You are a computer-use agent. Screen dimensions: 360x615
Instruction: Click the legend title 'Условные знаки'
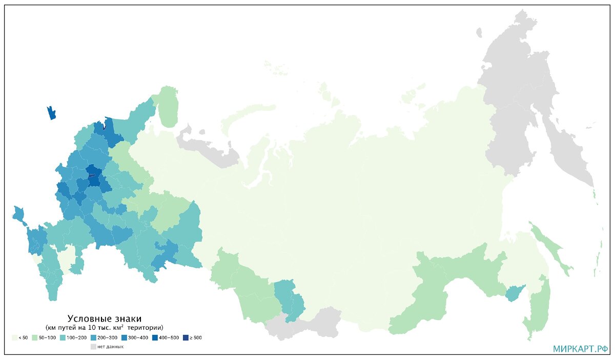[105, 318]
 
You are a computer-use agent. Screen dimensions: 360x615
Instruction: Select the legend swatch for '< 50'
[14, 337]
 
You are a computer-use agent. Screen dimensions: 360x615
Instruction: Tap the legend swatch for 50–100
[34, 337]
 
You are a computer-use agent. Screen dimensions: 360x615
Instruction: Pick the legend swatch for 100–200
[63, 337]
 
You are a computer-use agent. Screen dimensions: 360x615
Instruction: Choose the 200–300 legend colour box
[93, 337]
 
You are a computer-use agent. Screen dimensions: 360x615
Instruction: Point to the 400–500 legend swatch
[155, 337]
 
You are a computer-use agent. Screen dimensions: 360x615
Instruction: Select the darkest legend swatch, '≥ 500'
[186, 337]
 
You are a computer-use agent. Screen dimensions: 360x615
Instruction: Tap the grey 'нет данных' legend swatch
[93, 347]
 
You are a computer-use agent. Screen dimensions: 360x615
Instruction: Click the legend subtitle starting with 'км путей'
[105, 327]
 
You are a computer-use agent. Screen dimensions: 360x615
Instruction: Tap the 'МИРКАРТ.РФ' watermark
[580, 349]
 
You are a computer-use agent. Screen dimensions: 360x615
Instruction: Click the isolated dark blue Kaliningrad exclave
[51, 113]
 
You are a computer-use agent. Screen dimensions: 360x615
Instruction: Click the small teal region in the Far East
[512, 294]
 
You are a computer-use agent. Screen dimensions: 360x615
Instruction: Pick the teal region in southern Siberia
[288, 297]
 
